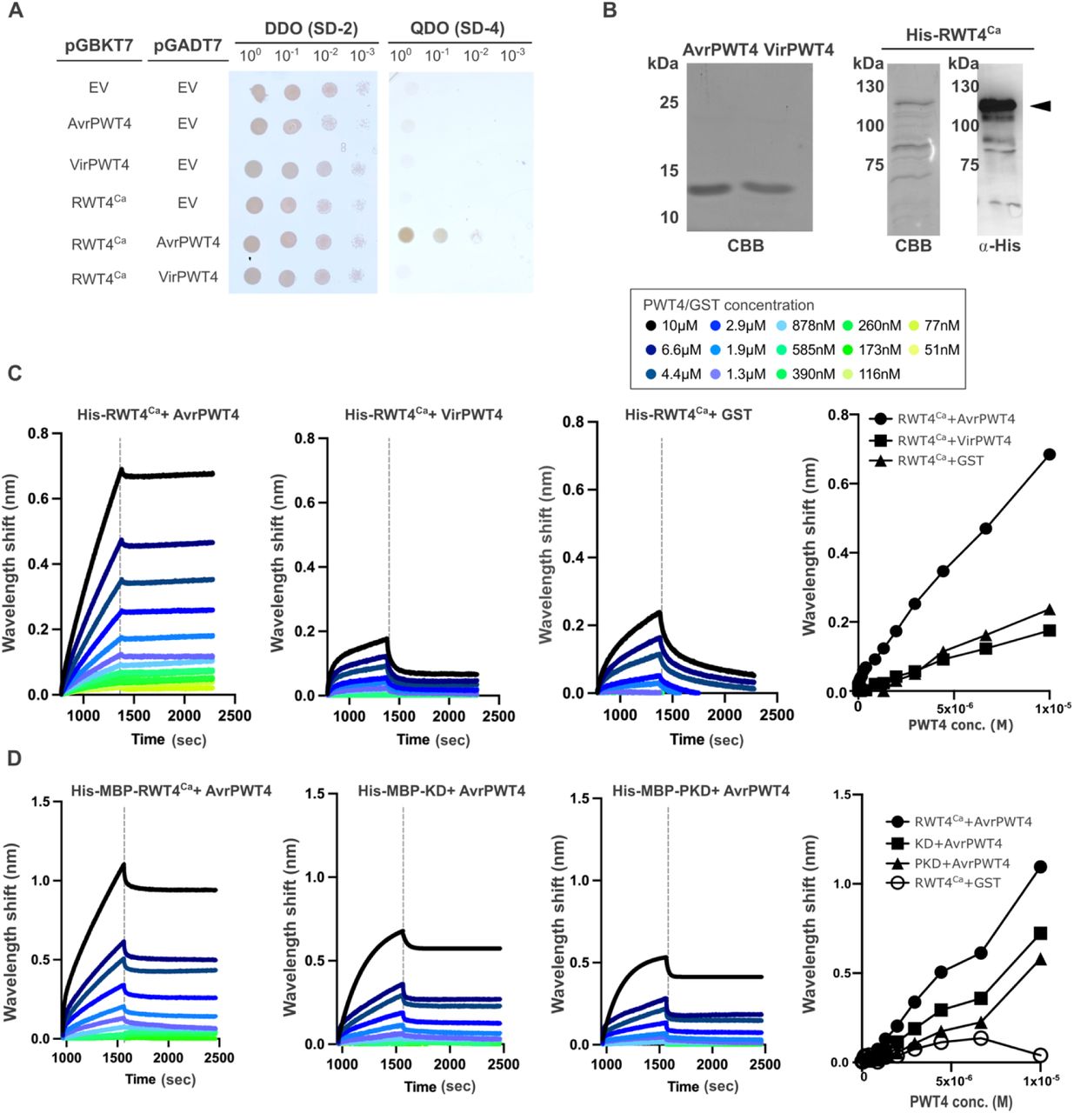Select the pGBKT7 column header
coord(99,46)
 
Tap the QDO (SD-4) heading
coord(457,29)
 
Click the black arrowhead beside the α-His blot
coord(1041,105)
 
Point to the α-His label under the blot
coord(999,246)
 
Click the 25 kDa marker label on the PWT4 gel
coord(669,103)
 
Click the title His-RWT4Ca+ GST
coord(687,415)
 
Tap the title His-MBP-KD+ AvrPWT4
coord(441,791)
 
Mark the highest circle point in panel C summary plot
coord(1050,454)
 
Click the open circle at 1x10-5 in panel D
coord(1040,1055)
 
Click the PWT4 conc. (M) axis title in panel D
coord(961,1102)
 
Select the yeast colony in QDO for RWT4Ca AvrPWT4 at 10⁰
coord(404,235)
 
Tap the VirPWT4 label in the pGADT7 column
coord(188,277)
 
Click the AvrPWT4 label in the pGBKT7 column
coord(99,123)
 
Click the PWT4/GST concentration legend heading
coord(728,305)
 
